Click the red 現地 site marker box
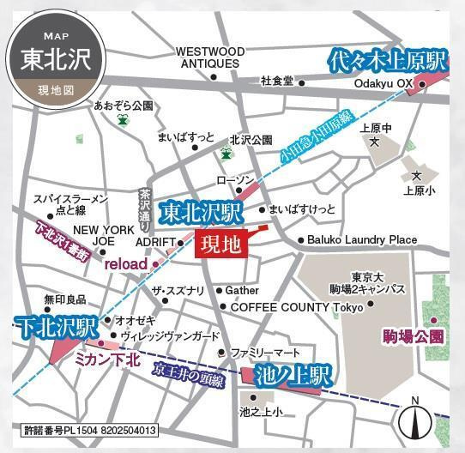(x=220, y=245)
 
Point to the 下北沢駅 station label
(x=51, y=326)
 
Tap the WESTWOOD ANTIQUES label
(x=209, y=57)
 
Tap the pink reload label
(x=126, y=264)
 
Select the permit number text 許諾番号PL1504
(x=88, y=429)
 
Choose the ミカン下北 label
(x=108, y=360)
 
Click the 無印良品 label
(x=60, y=299)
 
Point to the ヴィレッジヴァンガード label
(x=170, y=336)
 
